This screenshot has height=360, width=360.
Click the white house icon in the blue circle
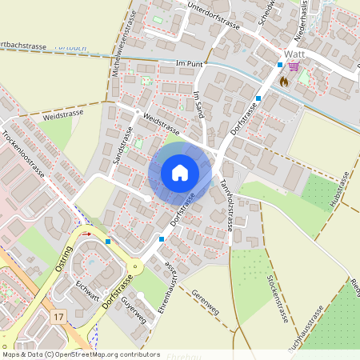[180, 173]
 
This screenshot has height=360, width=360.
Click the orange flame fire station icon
[282, 82]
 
